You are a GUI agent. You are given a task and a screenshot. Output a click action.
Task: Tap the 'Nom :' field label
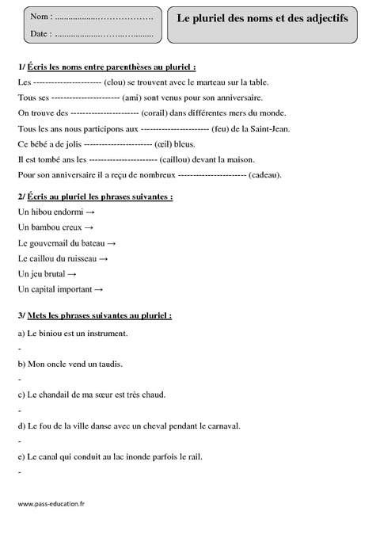(40, 16)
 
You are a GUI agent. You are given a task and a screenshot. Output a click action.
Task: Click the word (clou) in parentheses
(119, 82)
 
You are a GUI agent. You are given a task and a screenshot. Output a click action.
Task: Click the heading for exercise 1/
(106, 67)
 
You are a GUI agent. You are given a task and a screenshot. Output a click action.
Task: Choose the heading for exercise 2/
(94, 196)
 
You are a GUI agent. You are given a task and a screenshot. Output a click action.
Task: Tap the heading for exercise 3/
(93, 315)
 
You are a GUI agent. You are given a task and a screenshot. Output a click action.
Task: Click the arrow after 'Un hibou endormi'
(90, 212)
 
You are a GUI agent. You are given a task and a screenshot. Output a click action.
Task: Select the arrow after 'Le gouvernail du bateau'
(112, 242)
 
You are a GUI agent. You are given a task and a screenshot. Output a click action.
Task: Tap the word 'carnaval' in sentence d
(222, 425)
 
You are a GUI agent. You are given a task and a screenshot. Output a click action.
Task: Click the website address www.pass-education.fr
(49, 503)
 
